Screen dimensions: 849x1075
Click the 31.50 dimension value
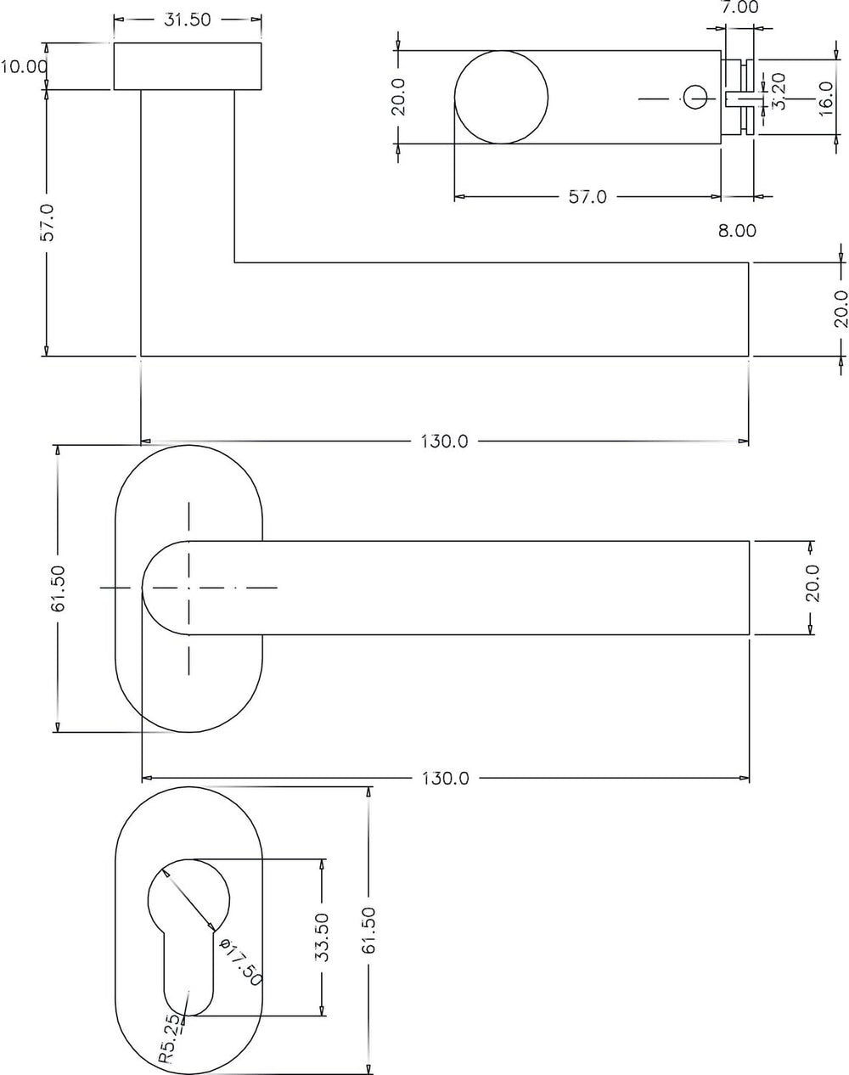(x=188, y=20)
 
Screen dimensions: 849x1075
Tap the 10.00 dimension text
(x=24, y=66)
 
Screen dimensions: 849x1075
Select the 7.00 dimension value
(x=739, y=8)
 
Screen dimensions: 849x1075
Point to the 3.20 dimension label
(x=779, y=91)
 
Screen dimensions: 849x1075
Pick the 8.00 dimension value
(x=737, y=231)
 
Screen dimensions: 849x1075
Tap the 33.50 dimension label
(x=323, y=937)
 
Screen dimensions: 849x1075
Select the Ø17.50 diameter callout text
(x=242, y=961)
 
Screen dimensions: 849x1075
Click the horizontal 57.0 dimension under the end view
(x=588, y=197)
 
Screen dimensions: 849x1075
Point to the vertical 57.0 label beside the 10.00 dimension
(x=47, y=222)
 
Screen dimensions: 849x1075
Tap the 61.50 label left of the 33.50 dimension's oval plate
(x=58, y=588)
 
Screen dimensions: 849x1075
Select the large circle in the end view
(x=501, y=97)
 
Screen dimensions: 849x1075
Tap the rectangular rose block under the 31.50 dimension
(x=188, y=66)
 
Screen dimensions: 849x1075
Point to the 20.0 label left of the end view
(x=399, y=97)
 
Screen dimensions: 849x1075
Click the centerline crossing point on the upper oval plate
(x=188, y=588)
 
